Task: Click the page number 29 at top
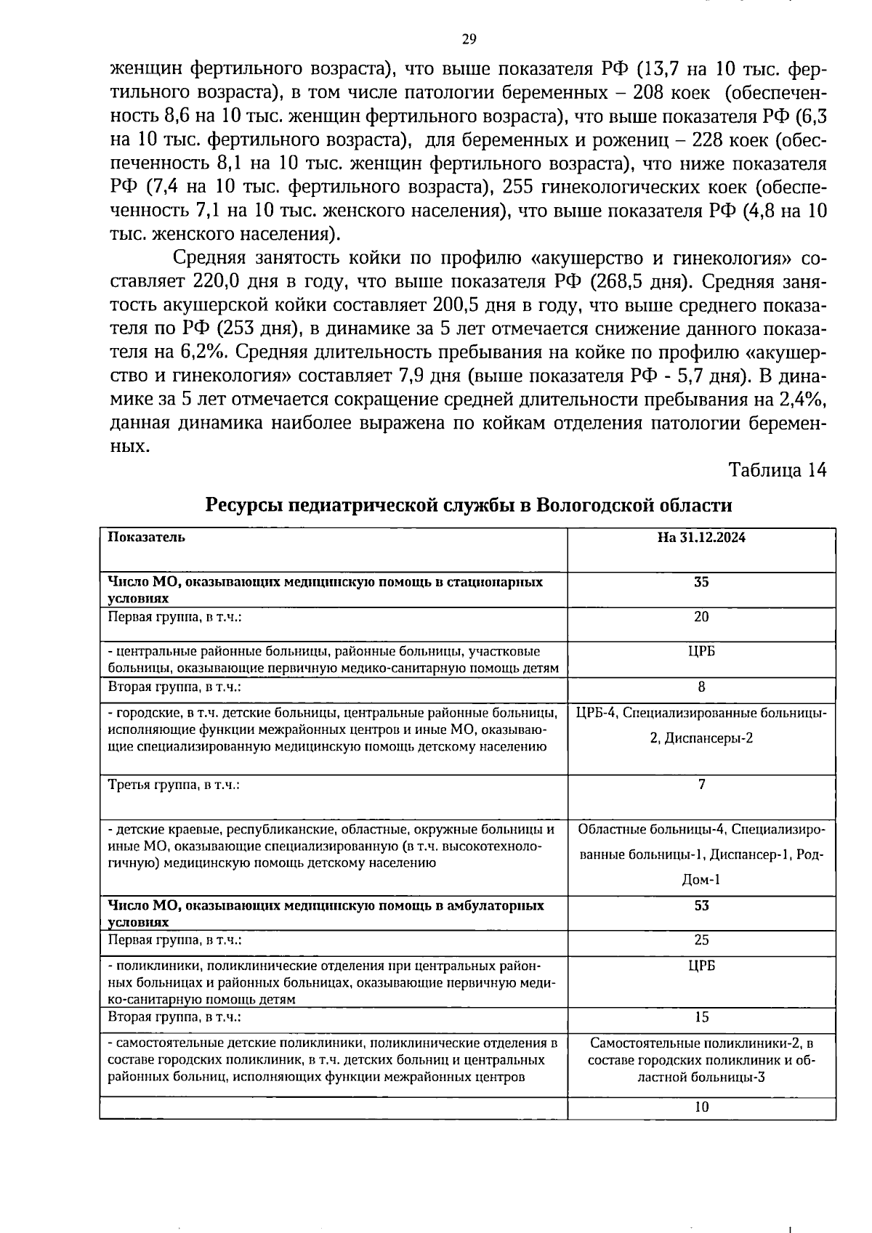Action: point(469,39)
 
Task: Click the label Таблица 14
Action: point(777,470)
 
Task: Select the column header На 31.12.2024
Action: point(701,538)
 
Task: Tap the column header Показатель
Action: point(146,538)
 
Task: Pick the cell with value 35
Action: point(701,583)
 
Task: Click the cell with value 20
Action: point(701,617)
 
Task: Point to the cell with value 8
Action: point(701,687)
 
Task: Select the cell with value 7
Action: point(701,785)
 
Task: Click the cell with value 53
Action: point(701,906)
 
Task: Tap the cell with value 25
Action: point(701,940)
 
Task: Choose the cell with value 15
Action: point(701,1017)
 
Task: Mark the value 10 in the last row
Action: point(701,1107)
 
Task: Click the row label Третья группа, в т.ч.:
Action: point(174,785)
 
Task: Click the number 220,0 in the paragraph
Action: point(219,282)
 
